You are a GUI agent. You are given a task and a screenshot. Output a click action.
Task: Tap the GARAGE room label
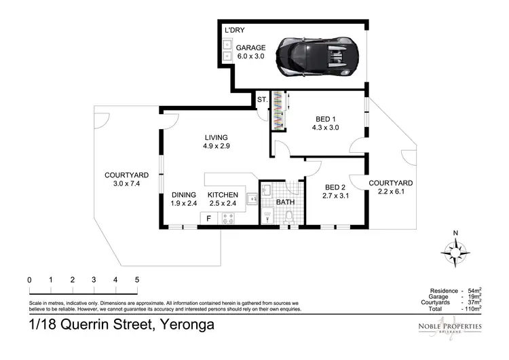[x=251, y=48]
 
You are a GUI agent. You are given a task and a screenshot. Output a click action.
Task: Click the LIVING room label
[x=215, y=137]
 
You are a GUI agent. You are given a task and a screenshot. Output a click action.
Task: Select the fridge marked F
[x=208, y=218]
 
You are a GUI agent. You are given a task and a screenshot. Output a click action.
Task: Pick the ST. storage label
[x=262, y=101]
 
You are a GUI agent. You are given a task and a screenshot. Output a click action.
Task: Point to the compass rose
[x=455, y=252]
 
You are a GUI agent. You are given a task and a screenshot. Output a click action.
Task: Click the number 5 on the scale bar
[x=137, y=280]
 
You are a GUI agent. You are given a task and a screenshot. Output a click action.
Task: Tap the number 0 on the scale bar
[x=30, y=280]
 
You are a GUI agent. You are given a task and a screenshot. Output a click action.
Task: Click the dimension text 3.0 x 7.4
[x=126, y=184]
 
